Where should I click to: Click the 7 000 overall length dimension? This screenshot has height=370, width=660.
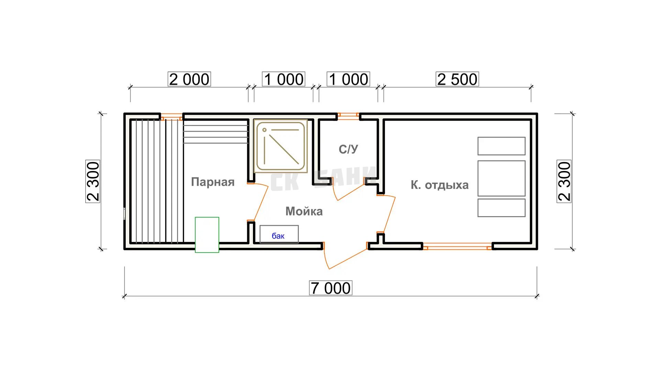click(x=330, y=288)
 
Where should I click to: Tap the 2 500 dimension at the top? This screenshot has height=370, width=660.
click(x=457, y=79)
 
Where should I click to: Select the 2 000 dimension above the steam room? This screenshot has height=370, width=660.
click(x=189, y=79)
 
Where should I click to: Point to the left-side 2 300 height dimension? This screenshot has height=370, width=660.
click(x=93, y=181)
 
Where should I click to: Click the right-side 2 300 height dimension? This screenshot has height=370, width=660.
click(x=564, y=181)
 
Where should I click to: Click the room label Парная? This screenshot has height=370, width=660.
click(x=213, y=182)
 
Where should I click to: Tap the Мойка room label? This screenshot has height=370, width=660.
click(x=304, y=211)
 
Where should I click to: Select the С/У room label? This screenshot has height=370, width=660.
click(x=348, y=149)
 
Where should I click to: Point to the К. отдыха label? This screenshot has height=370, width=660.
click(x=440, y=185)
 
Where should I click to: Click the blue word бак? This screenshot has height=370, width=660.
click(x=278, y=236)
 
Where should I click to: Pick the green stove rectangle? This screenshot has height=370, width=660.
click(x=207, y=235)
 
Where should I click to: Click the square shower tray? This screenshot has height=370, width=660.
click(x=280, y=146)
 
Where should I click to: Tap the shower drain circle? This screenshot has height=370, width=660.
click(x=264, y=130)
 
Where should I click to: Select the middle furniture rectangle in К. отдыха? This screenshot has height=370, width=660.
click(x=502, y=178)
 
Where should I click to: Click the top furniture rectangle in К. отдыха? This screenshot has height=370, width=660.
click(x=502, y=146)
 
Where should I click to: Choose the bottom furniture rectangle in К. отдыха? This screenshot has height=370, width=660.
click(x=502, y=208)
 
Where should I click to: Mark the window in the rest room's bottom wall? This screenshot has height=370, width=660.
click(x=458, y=246)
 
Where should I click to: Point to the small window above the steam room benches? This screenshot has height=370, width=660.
click(x=172, y=117)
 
